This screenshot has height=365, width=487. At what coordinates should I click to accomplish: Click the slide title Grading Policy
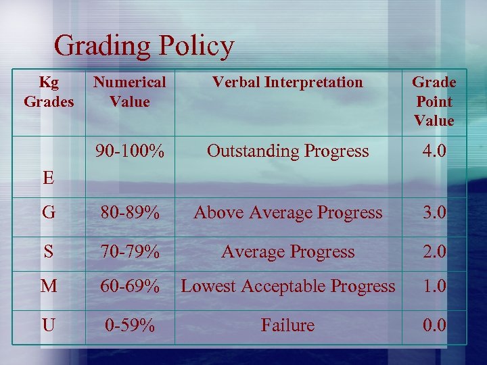[144, 46]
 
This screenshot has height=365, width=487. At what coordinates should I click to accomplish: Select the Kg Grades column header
[49, 92]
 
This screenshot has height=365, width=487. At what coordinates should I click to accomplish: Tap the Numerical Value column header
[129, 92]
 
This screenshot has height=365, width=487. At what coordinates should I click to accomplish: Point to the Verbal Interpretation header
[287, 82]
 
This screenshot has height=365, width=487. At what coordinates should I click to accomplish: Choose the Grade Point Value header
[434, 101]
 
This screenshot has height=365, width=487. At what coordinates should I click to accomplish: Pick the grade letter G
[48, 213]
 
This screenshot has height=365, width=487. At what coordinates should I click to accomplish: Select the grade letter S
[48, 251]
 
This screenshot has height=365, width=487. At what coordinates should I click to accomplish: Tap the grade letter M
[48, 286]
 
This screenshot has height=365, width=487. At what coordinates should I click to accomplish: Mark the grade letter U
[48, 325]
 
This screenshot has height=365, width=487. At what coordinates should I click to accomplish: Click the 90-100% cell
[129, 151]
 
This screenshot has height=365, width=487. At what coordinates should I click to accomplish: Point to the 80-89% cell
[129, 213]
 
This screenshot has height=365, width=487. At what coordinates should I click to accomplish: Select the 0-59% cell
[129, 325]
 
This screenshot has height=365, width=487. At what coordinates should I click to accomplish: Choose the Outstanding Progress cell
[287, 151]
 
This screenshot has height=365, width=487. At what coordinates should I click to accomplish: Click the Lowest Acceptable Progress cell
[287, 286]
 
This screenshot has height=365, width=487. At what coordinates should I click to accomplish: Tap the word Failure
[287, 325]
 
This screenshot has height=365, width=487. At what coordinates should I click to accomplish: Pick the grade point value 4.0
[434, 151]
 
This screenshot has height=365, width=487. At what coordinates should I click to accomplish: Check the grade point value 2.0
[434, 251]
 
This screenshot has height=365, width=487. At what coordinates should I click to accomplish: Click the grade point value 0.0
[434, 325]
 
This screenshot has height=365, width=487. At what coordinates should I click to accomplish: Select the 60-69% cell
[129, 286]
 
